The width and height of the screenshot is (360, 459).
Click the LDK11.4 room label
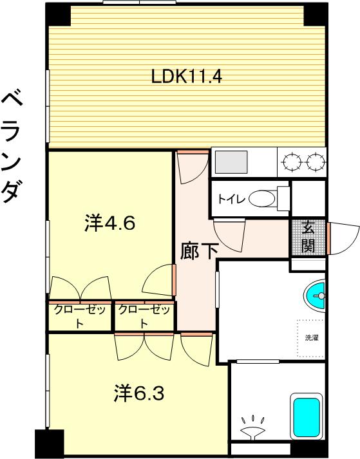click(187, 77)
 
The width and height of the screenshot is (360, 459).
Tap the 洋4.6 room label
click(110, 223)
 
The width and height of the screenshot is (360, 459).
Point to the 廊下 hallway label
click(199, 251)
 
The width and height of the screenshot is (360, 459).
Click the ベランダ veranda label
click(12, 147)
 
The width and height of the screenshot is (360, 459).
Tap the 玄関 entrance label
click(308, 237)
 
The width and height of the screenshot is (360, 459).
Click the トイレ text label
click(231, 200)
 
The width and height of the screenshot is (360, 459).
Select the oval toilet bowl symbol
click(263, 199)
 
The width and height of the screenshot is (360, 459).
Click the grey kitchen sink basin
click(231, 162)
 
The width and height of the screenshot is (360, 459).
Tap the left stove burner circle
click(292, 162)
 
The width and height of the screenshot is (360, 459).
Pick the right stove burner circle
click(316, 162)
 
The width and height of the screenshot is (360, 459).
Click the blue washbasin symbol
click(315, 295)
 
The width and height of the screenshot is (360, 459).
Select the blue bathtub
click(307, 417)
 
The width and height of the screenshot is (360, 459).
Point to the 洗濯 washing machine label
click(312, 337)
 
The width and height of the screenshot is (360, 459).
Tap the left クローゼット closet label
click(80, 317)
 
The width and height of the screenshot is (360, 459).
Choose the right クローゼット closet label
click(144, 317)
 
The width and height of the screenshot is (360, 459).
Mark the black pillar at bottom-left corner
click(50, 444)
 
